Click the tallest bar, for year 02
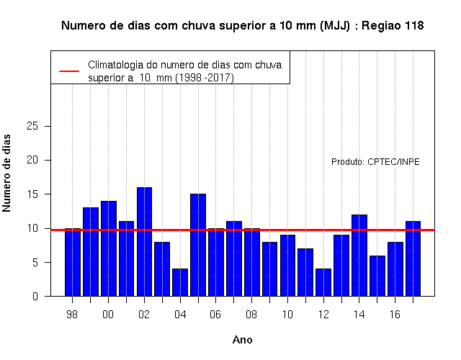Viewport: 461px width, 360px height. [x=144, y=242]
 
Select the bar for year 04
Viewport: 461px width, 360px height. [x=180, y=282]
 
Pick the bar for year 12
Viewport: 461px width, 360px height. [x=323, y=282]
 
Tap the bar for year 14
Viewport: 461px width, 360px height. [x=359, y=256]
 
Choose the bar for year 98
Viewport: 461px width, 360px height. [x=73, y=262]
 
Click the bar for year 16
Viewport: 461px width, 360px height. [x=395, y=269]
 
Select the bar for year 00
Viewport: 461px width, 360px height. [x=109, y=248]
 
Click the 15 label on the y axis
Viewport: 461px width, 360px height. [x=32, y=194]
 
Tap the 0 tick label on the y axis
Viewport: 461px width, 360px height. [x=35, y=296]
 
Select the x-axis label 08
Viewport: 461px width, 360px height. [x=251, y=315]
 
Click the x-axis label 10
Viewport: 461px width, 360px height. [x=287, y=315]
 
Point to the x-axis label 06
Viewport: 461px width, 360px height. [x=215, y=315]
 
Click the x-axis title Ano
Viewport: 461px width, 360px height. [x=242, y=340]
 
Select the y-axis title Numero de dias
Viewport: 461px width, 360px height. [x=6, y=173]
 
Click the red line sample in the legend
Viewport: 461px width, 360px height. [x=69, y=71]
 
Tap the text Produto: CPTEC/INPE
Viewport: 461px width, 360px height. [x=375, y=161]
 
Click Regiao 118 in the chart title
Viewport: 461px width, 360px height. [x=393, y=26]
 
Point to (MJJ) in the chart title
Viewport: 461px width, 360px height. [x=335, y=26]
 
